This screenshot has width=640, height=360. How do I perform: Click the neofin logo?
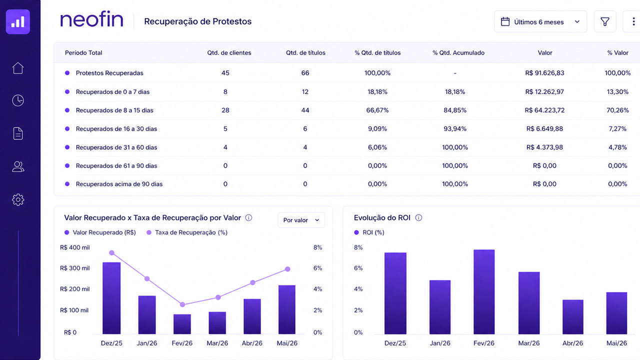click(x=91, y=19)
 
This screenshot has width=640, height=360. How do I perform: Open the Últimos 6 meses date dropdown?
click(x=540, y=21)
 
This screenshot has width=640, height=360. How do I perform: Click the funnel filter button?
click(x=605, y=21)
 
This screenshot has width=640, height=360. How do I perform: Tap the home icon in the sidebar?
click(x=18, y=68)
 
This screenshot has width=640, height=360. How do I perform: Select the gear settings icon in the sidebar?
click(x=18, y=199)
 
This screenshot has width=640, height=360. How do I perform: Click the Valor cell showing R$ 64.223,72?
click(x=544, y=110)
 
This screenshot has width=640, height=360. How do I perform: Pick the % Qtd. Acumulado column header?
click(x=458, y=53)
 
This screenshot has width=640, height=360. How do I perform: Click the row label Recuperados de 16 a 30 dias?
click(x=116, y=129)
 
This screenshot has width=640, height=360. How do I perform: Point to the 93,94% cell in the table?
click(x=455, y=129)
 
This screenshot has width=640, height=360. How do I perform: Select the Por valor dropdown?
click(x=301, y=220)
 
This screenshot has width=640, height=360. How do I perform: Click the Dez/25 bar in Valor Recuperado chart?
click(x=111, y=298)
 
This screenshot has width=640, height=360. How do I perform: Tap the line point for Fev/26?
click(x=182, y=304)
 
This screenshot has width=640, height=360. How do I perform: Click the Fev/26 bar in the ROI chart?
click(x=484, y=291)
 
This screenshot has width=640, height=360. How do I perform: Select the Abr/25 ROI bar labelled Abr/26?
click(x=573, y=317)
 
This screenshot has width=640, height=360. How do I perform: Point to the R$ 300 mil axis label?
click(x=75, y=268)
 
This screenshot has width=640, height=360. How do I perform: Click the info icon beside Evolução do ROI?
click(x=418, y=217)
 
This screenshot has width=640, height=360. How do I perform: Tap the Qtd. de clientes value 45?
click(x=225, y=73)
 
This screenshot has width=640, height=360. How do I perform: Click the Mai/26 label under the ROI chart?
click(x=616, y=343)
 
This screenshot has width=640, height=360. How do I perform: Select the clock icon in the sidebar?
click(x=18, y=100)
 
